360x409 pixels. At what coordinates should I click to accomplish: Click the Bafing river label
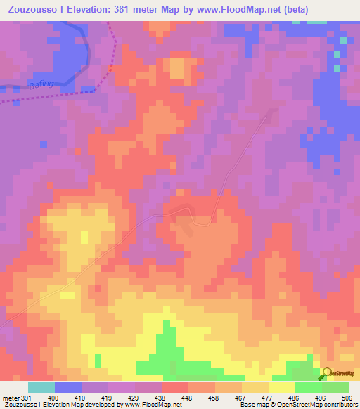[x=41, y=85]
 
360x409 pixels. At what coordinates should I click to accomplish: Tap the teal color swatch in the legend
[x=41, y=387]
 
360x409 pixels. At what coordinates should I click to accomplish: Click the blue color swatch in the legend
[x=68, y=387]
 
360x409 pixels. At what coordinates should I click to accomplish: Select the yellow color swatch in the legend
[x=282, y=387]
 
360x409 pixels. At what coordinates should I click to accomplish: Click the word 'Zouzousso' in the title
[x=32, y=9]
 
